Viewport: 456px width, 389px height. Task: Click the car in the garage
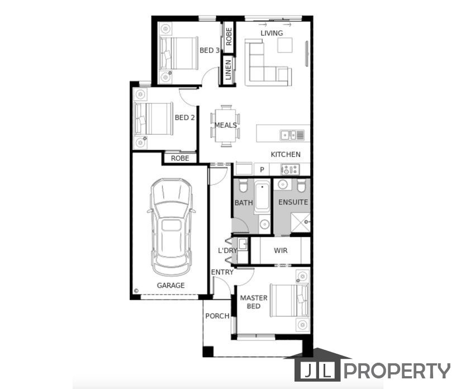click(171, 227)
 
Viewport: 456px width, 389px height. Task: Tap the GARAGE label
click(170, 286)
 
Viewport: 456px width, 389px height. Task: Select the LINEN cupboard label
click(229, 70)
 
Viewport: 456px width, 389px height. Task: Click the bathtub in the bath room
click(262, 197)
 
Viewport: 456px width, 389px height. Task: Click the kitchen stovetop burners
click(290, 169)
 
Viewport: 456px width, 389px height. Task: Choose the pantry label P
click(262, 169)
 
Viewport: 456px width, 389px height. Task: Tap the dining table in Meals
click(226, 126)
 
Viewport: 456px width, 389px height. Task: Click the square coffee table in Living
click(284, 45)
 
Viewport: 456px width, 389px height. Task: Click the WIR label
click(281, 250)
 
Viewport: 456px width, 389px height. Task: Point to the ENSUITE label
click(293, 202)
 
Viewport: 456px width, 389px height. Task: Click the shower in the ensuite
click(301, 222)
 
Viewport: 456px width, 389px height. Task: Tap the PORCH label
click(217, 316)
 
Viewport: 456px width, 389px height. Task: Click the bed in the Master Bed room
click(289, 301)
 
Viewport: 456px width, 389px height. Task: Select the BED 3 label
click(210, 50)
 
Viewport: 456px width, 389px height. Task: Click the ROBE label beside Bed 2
click(180, 158)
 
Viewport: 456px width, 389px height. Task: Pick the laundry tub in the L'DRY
click(243, 244)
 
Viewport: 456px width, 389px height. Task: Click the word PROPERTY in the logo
click(397, 371)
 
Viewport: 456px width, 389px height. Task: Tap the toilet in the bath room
click(243, 186)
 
